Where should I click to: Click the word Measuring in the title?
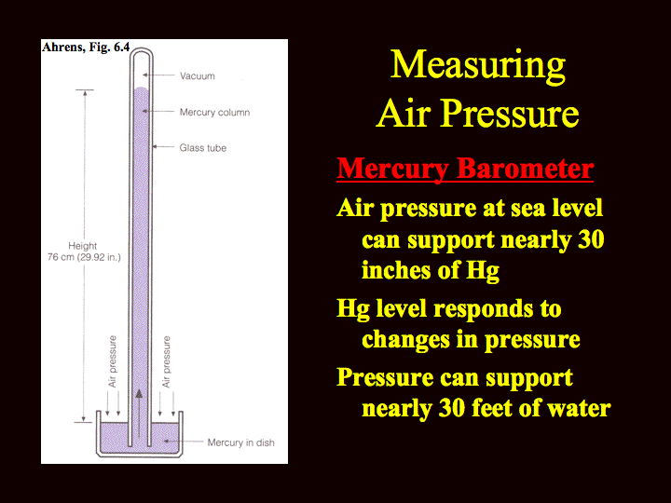(x=478, y=65)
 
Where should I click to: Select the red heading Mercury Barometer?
(x=465, y=169)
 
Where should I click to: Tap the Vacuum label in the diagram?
(x=198, y=76)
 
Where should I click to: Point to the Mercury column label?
(x=215, y=113)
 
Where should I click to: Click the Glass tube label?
(x=203, y=148)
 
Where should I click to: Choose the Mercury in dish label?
(x=241, y=442)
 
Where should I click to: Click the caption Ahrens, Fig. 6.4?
(x=86, y=48)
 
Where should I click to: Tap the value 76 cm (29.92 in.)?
(x=84, y=257)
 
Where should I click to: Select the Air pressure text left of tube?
(x=112, y=361)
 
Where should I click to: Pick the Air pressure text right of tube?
(x=166, y=361)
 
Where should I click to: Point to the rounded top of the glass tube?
(x=142, y=49)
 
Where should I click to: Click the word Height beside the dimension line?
(x=83, y=246)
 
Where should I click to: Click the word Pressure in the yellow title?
(x=510, y=114)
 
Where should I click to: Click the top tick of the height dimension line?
(x=85, y=90)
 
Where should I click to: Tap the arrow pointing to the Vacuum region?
(x=158, y=75)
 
